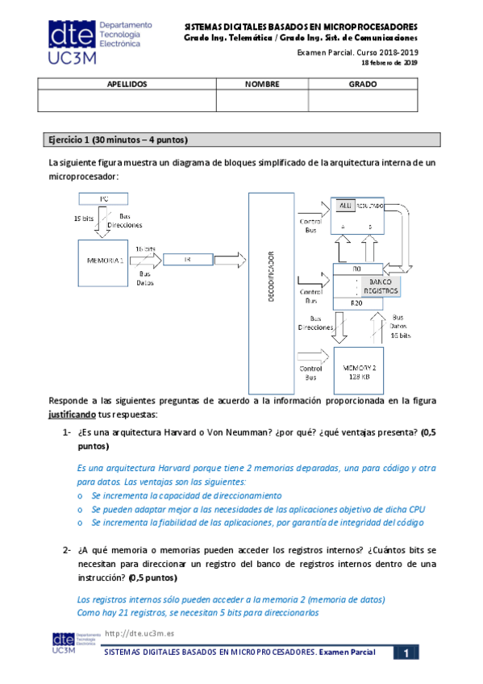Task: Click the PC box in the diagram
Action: (x=103, y=198)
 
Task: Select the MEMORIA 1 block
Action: (x=102, y=261)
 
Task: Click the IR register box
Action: (x=187, y=259)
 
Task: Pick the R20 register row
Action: (x=358, y=302)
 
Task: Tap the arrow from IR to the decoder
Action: (x=230, y=259)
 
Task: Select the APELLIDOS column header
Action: (x=127, y=83)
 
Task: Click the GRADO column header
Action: (x=363, y=83)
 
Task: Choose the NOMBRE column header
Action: (x=262, y=83)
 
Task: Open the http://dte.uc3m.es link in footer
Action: (x=139, y=634)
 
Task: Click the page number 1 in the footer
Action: (x=408, y=652)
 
